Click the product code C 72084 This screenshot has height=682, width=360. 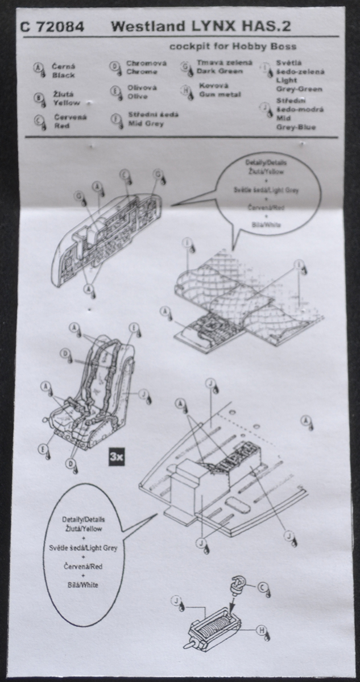(x=52, y=26)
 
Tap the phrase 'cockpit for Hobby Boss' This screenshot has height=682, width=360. (x=233, y=46)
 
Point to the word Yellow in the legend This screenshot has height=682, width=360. (x=67, y=103)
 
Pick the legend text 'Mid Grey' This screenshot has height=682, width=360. (x=146, y=123)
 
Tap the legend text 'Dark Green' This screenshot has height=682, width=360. (x=219, y=72)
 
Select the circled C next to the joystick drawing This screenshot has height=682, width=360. (x=263, y=588)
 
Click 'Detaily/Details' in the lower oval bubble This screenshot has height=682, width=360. (x=83, y=519)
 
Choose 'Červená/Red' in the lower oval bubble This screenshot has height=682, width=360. (x=83, y=566)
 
